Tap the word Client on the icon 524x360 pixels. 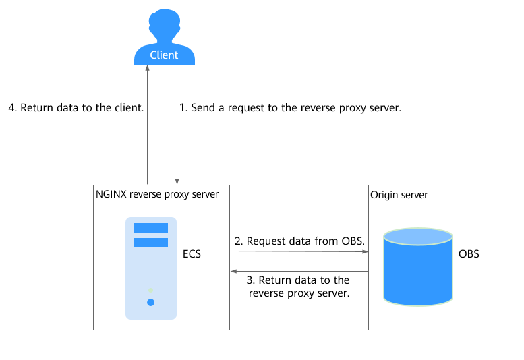click(164, 55)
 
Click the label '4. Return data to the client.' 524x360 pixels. click(75, 107)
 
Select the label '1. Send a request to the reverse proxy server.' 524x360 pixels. click(291, 107)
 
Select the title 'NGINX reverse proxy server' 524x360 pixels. click(156, 195)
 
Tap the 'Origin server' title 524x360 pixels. click(399, 195)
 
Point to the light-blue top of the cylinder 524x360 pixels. click(417, 236)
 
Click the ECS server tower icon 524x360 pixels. click(150, 268)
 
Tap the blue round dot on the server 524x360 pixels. click(150, 302)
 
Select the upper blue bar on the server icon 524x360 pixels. click(150, 228)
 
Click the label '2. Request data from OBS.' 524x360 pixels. click(299, 241)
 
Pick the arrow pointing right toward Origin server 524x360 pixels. click(299, 252)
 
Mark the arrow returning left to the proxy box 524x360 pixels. click(299, 272)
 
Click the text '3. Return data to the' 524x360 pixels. click(299, 280)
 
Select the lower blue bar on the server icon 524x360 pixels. click(150, 242)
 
